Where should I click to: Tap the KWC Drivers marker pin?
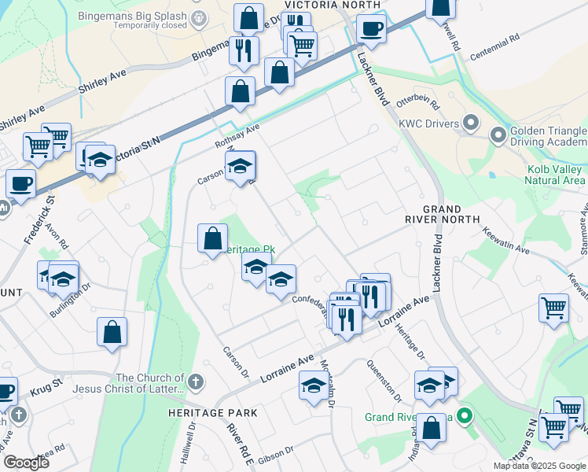pos(471,122)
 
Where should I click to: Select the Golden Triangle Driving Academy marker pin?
pos(498,135)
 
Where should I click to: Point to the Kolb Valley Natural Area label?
pos(556,175)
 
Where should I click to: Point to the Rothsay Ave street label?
pos(237,138)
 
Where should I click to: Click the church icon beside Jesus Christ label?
pos(196,382)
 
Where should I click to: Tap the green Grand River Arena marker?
pos(465,416)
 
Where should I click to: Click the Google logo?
pos(26,463)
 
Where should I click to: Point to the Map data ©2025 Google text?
pos(538,466)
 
